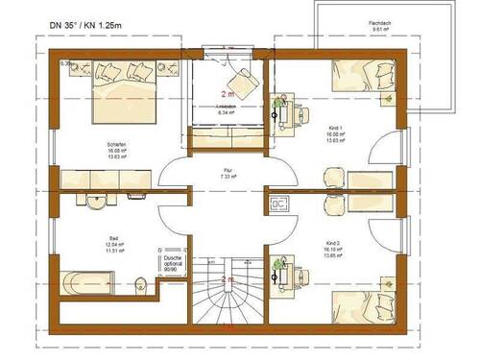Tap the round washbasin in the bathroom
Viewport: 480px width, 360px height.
click(x=94, y=200)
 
